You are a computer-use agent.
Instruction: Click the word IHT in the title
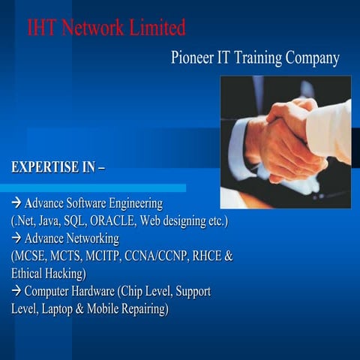42,28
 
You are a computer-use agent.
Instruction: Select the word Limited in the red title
154,28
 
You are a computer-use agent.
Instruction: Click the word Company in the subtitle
311,58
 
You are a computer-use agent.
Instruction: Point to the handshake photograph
285,142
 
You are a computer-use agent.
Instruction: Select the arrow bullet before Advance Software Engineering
16,204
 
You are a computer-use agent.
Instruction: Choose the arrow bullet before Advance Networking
16,238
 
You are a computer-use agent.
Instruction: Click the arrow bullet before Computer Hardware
16,291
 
